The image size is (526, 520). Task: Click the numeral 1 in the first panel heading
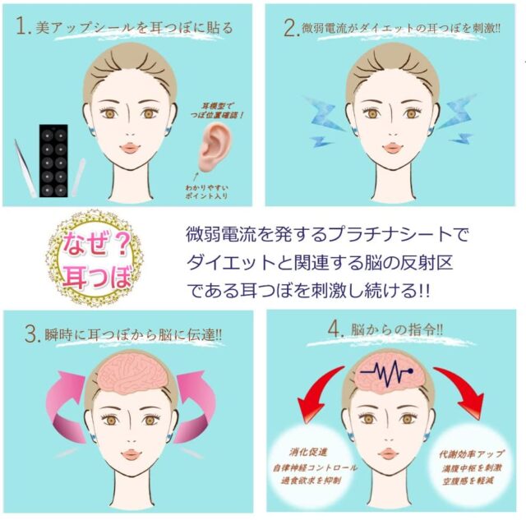tap(21, 26)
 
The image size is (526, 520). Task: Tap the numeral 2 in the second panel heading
tap(290, 28)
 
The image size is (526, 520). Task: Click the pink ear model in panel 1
tap(214, 147)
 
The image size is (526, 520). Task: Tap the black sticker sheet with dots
tap(53, 160)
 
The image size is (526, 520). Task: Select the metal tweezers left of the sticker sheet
tap(25, 168)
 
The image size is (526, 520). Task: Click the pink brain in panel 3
tap(131, 371)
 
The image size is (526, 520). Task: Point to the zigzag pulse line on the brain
tap(387, 372)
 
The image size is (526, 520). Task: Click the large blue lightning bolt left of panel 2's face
tap(324, 114)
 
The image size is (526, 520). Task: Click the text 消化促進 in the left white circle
tap(308, 453)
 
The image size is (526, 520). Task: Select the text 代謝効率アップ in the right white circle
tap(472, 454)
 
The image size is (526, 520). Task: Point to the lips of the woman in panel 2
tap(392, 148)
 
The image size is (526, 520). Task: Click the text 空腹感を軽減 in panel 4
tap(468, 481)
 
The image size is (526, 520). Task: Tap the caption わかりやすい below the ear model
tap(206, 187)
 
